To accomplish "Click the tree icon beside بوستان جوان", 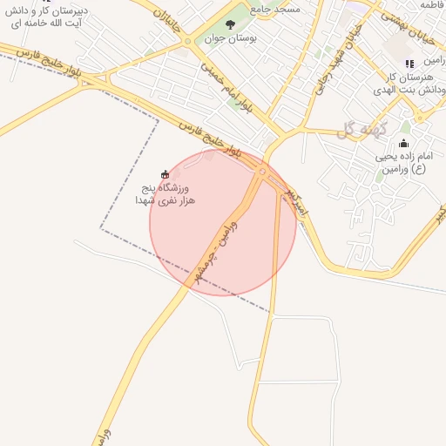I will pos(230,24).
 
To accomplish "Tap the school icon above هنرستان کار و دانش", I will pos(409,63).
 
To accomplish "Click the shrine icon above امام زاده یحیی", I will pos(402,144).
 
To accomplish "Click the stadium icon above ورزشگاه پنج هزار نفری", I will pos(166,173).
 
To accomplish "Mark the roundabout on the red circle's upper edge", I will pos(262,172).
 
